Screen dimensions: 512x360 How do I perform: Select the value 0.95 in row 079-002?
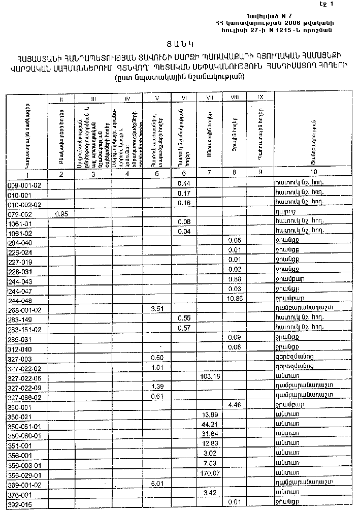(61, 214)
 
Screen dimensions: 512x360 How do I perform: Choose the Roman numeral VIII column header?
(234, 97)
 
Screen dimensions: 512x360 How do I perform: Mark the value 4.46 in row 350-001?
(235, 406)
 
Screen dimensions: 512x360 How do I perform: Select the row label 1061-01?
(20, 223)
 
